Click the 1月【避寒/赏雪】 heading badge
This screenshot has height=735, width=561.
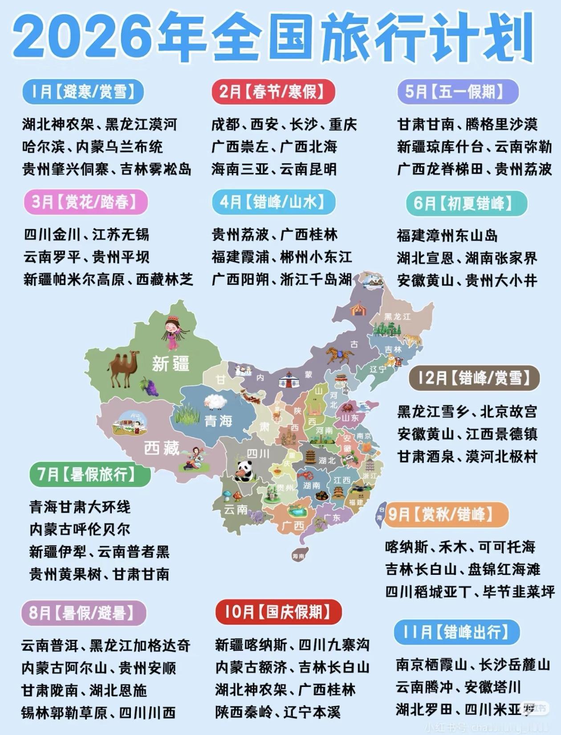(x=83, y=92)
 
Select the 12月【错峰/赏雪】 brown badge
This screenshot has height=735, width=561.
(x=474, y=378)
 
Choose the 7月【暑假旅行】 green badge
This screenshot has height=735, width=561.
(x=89, y=474)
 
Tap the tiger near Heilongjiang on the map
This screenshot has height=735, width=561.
(x=411, y=340)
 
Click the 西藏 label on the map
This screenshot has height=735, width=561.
(x=161, y=448)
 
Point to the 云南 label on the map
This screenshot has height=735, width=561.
(x=236, y=509)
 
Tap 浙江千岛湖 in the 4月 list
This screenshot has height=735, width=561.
(x=316, y=280)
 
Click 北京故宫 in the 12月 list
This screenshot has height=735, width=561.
(x=508, y=412)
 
